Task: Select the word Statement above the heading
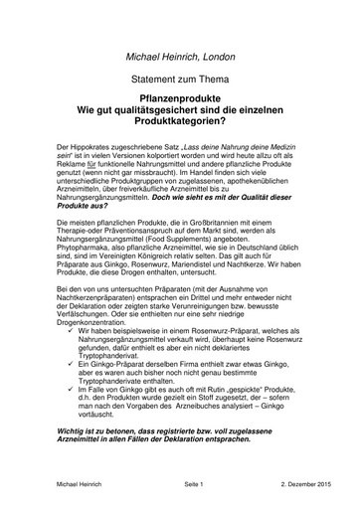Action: click(x=157, y=79)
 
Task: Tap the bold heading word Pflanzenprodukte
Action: click(x=179, y=97)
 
